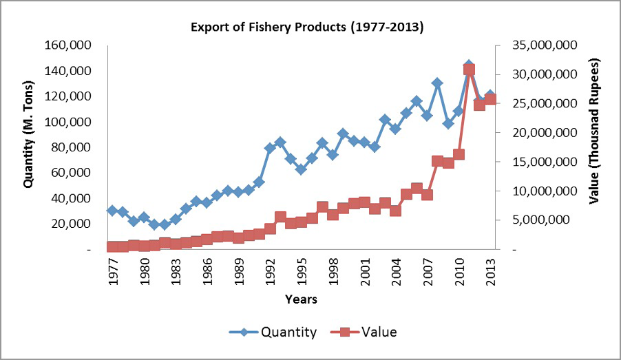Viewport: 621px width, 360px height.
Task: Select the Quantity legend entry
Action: click(273, 332)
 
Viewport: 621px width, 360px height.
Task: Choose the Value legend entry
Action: click(364, 332)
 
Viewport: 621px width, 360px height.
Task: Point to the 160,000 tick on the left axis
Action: click(67, 45)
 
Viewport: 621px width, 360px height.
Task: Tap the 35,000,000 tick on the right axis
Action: click(545, 45)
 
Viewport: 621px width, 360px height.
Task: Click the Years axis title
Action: click(301, 299)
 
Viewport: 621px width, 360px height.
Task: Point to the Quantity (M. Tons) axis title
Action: click(28, 134)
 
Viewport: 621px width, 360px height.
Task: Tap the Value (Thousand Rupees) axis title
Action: click(594, 131)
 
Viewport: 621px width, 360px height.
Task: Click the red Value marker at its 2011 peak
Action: click(470, 70)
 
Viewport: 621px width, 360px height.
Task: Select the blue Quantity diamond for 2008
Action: click(438, 83)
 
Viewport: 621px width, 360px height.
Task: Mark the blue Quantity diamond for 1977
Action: click(112, 211)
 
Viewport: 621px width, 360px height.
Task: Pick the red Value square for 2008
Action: click(438, 161)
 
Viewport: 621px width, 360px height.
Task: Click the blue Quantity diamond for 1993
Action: click(280, 142)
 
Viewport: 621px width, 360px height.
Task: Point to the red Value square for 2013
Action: click(490, 99)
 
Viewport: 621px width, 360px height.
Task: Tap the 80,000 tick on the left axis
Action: click(72, 147)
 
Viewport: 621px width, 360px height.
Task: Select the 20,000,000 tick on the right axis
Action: click(545, 133)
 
